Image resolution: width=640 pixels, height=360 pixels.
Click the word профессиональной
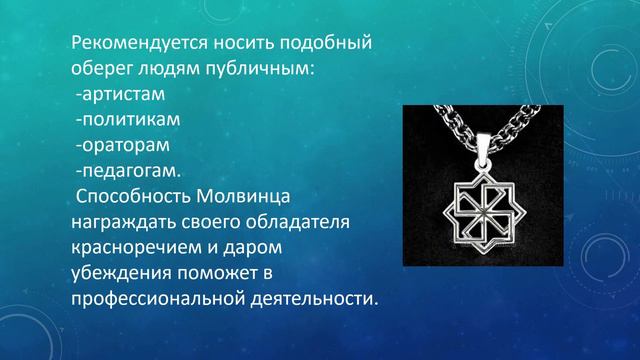coord(158,298)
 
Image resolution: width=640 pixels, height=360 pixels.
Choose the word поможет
coord(226,272)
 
